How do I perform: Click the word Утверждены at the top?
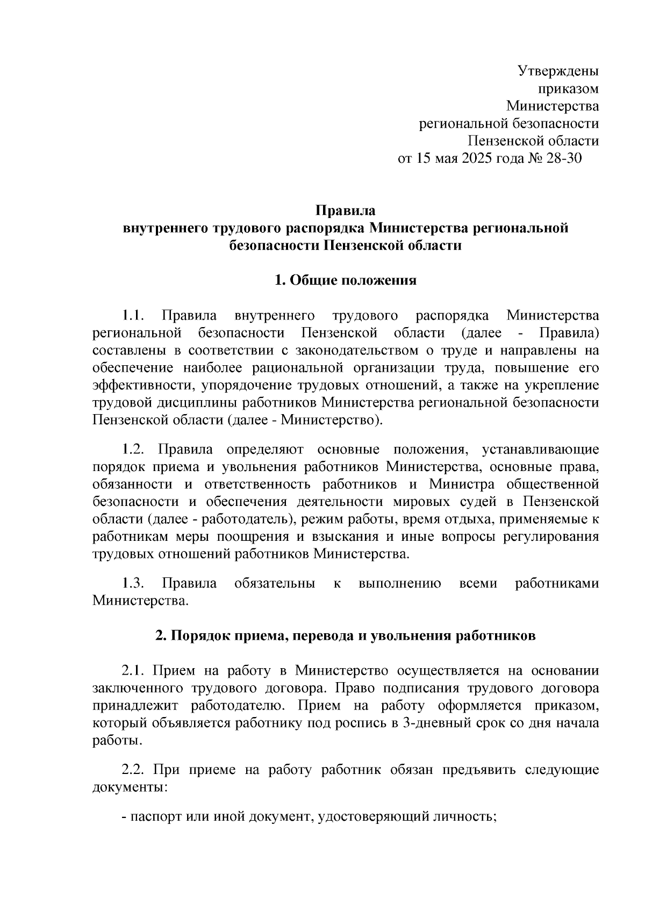coord(558,70)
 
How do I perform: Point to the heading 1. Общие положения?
coord(346,280)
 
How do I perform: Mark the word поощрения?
coord(249,537)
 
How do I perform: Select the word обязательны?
coord(275,583)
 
